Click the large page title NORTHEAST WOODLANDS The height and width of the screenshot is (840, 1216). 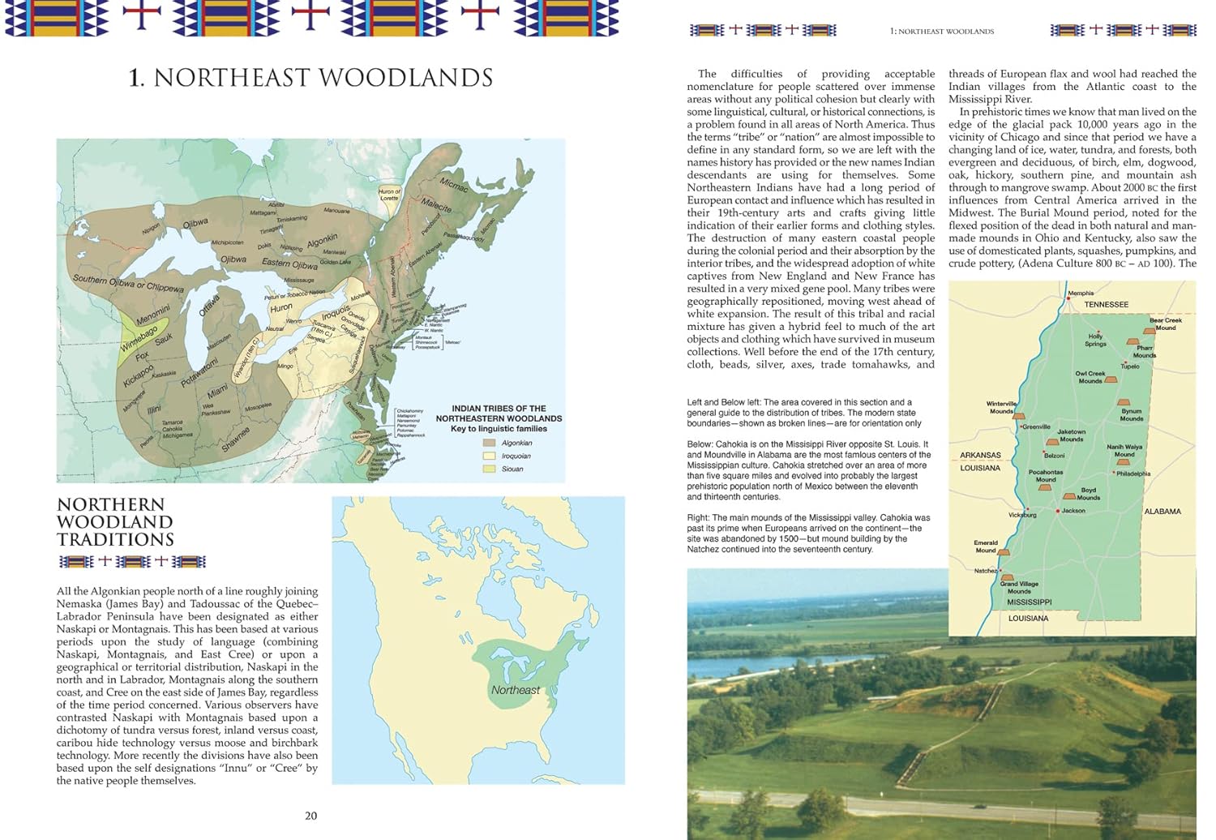[x=311, y=78]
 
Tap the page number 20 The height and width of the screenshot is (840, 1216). [x=310, y=816]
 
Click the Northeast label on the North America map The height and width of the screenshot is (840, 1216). [x=515, y=690]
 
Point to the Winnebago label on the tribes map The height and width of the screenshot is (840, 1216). [x=139, y=336]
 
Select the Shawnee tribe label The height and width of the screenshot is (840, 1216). [x=236, y=439]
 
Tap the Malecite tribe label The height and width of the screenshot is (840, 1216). [x=436, y=205]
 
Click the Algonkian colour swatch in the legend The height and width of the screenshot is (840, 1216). [x=489, y=443]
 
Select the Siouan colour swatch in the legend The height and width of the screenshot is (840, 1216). [x=489, y=469]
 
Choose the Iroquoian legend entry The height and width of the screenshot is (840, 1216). [x=516, y=456]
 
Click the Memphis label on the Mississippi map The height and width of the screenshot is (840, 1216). [x=1081, y=294]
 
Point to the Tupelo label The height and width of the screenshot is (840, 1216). [x=1130, y=366]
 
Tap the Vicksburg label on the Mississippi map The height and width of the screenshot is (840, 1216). [x=1022, y=515]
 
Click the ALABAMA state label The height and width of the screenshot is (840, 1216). [x=1162, y=512]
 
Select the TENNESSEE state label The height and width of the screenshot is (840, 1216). [x=1106, y=305]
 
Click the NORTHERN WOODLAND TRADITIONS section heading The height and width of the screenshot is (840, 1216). [x=115, y=522]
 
